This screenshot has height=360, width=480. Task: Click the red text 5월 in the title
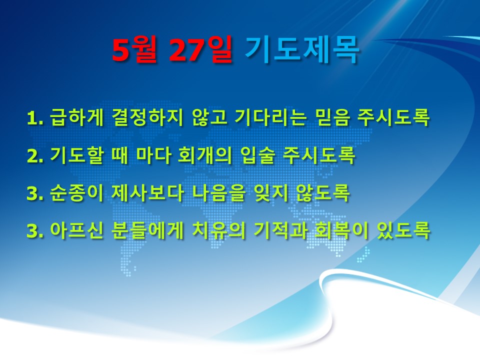tap(134, 49)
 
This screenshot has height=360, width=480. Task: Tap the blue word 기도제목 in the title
tap(302, 49)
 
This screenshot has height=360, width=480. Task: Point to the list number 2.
tap(34, 156)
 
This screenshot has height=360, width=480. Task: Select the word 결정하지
tap(147, 117)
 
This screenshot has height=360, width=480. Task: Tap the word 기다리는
tap(270, 117)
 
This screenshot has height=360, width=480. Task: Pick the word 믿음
tap(331, 117)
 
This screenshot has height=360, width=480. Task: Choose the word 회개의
tap(204, 155)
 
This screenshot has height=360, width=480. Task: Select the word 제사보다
tap(147, 193)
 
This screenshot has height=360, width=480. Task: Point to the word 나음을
tap(218, 193)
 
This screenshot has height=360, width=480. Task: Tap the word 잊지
tap(271, 193)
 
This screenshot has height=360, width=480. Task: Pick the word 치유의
tap(218, 230)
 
